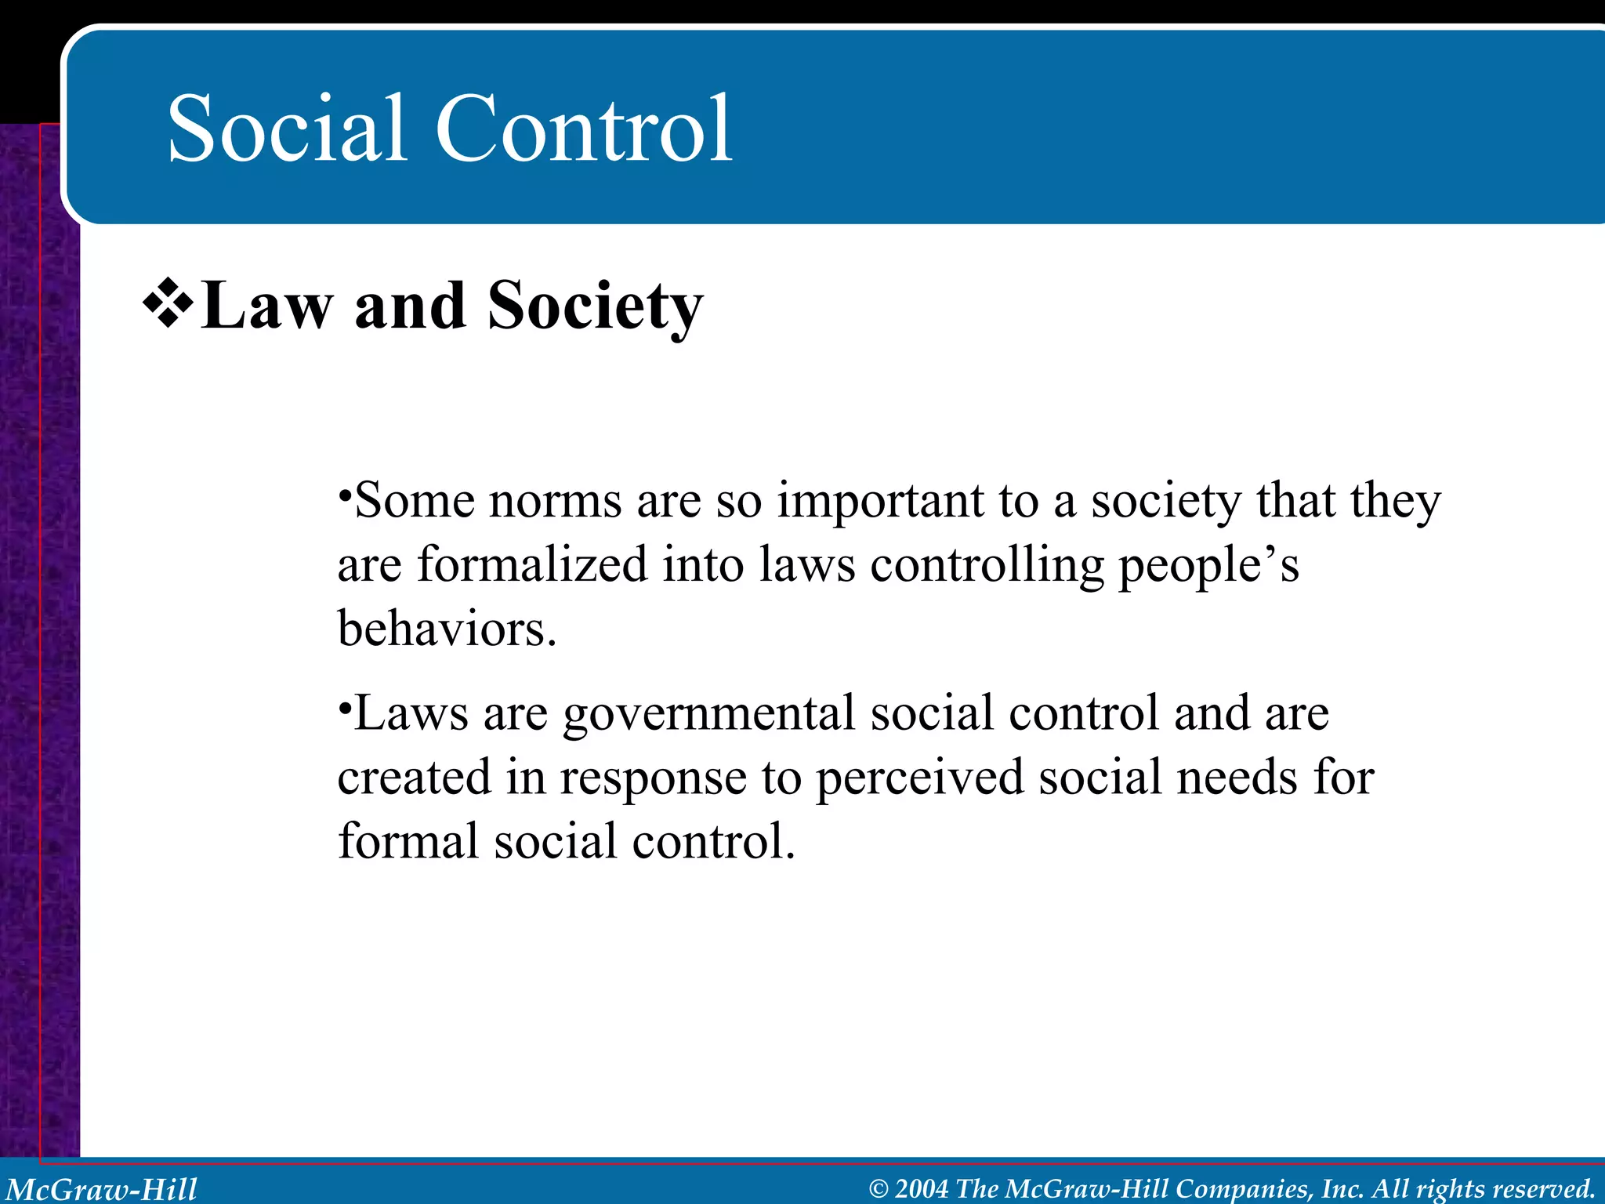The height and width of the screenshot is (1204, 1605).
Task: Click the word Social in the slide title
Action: click(287, 129)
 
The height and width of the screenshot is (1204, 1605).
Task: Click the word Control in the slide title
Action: click(583, 129)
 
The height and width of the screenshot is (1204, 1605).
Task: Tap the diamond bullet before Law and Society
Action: click(168, 305)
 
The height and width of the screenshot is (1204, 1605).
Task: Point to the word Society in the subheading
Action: click(595, 306)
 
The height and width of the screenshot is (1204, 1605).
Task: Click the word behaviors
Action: click(447, 629)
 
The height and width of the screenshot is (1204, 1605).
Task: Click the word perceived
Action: click(920, 779)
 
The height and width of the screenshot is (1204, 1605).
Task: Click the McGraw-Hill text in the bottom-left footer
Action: click(102, 1188)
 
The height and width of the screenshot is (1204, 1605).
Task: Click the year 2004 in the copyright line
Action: click(922, 1188)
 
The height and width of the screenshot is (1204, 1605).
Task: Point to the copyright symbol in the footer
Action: click(879, 1189)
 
